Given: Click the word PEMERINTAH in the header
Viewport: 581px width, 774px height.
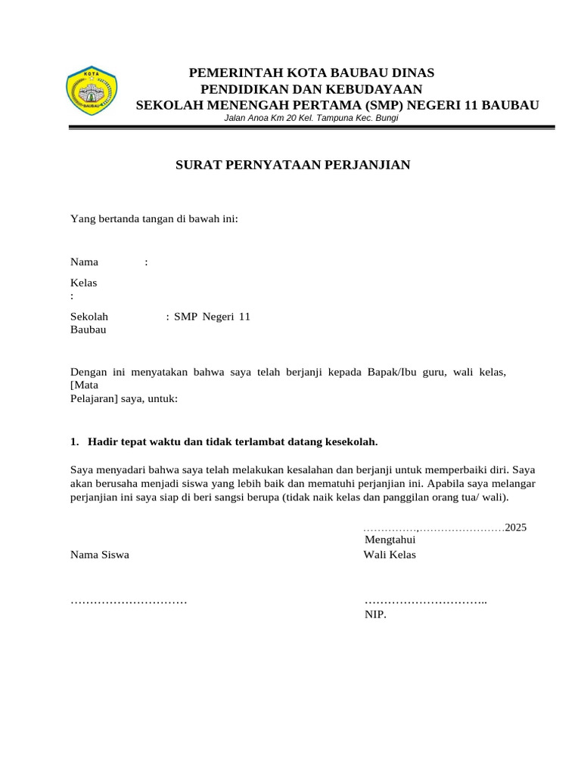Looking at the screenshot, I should (x=229, y=73).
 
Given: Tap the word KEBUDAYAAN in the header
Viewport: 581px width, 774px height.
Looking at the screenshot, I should (x=378, y=89).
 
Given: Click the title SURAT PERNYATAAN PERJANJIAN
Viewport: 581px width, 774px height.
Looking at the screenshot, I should (x=293, y=165).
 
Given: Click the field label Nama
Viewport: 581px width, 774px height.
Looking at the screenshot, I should (x=84, y=262).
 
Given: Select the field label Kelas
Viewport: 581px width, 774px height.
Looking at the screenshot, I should (x=83, y=283).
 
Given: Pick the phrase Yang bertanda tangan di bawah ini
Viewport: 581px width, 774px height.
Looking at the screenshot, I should (x=154, y=219).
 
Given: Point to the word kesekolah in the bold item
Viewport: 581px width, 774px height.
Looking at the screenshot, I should (x=351, y=441).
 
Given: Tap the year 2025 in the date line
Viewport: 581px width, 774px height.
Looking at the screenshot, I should (x=516, y=528).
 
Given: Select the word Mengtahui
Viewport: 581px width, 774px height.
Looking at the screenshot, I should (x=390, y=540).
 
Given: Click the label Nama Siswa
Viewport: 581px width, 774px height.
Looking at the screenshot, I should (x=99, y=555).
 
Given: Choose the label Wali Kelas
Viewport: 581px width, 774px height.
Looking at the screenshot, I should (x=390, y=555).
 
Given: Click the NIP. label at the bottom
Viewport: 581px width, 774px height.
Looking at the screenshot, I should (x=375, y=615).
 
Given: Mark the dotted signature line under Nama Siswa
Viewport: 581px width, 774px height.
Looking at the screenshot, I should (x=129, y=602).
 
